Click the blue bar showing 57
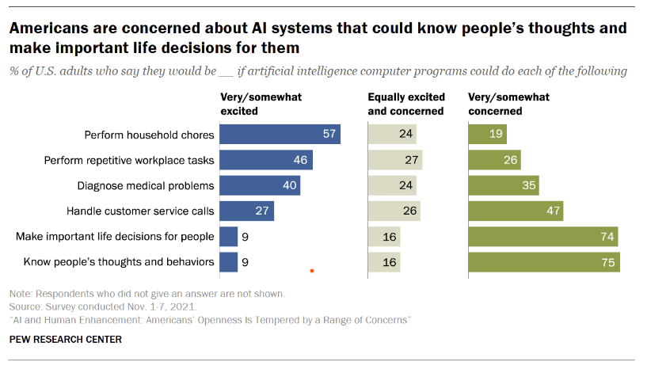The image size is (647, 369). tap(280, 134)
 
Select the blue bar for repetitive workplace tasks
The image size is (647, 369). tap(265, 160)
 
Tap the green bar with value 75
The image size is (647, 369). tap(544, 261)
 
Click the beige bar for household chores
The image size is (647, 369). tap(392, 134)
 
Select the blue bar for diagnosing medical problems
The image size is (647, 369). tap(260, 185)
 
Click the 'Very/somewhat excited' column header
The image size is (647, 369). tap(261, 104)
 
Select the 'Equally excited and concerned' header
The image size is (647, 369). tap(405, 104)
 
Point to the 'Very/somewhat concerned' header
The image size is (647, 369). tap(508, 104)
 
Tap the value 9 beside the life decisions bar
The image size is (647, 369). tap(246, 236)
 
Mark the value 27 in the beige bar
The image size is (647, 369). tap(410, 160)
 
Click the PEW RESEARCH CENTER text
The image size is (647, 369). tap(66, 339)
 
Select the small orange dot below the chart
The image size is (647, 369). tap(313, 272)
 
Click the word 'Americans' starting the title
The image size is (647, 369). tap(48, 29)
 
